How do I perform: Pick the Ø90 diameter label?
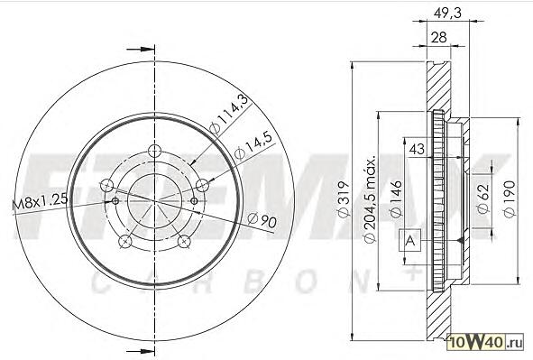pos(262,218)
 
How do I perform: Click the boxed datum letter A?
pos(411,240)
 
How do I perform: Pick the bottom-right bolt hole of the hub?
pos(183,240)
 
